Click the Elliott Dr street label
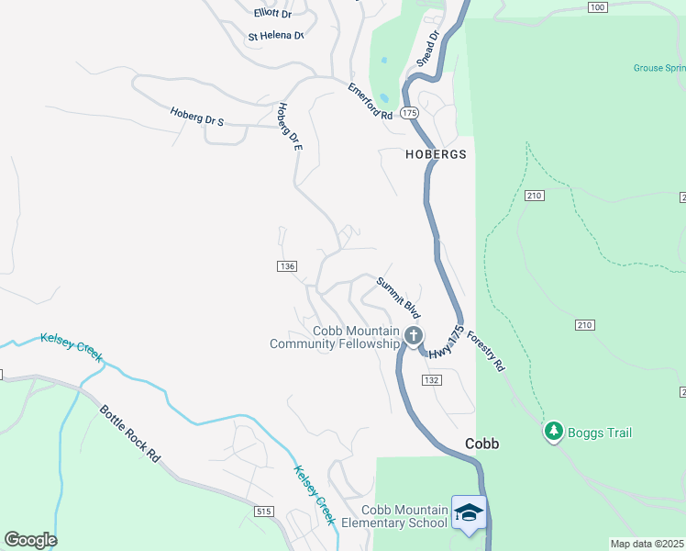271,14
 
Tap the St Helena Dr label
275,37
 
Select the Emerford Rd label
370,102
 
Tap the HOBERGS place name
436,155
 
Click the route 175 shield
409,112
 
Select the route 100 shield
597,7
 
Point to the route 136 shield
285,266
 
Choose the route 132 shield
432,380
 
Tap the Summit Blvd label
398,296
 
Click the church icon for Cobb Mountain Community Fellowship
414,336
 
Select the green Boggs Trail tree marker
553,430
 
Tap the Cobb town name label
481,444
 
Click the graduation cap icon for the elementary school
468,512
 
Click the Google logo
30,540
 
